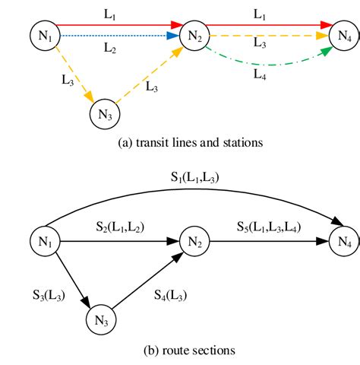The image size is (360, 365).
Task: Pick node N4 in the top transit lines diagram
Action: tap(345, 34)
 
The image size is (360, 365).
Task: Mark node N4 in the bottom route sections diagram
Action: tap(345, 243)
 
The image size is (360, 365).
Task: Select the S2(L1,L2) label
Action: tap(121, 227)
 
